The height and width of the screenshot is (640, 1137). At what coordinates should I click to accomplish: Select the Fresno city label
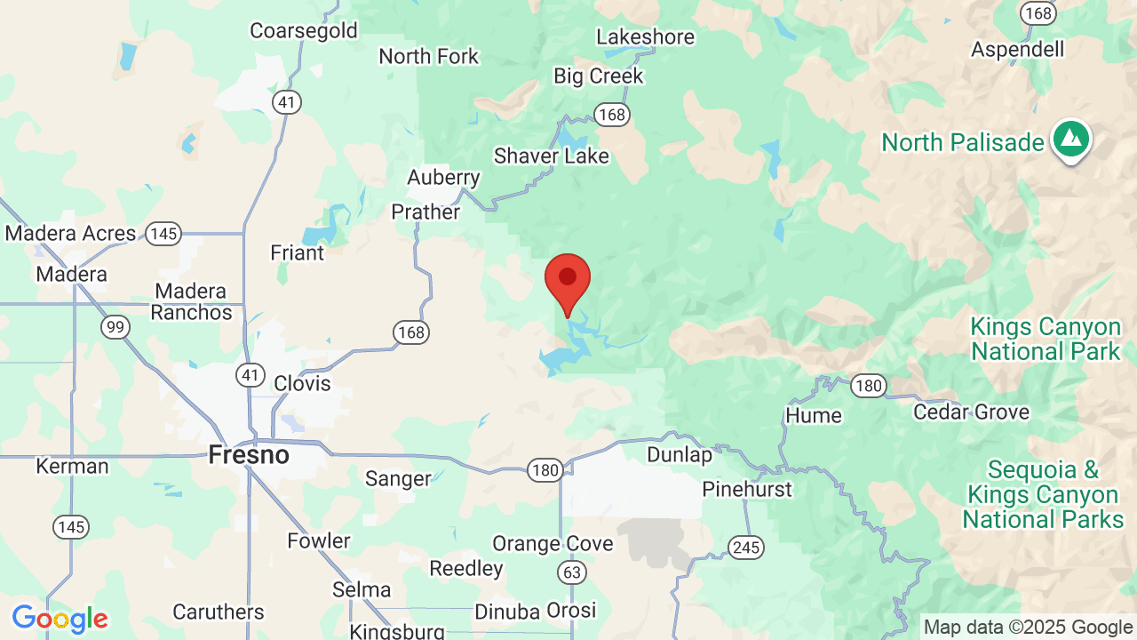click(249, 455)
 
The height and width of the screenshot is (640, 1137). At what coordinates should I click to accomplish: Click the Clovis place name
click(302, 384)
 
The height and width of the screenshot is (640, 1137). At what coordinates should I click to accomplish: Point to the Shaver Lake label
click(552, 156)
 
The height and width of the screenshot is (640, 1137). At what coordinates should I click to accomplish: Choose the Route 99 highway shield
click(115, 327)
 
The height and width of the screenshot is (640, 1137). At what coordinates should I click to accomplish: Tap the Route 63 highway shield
click(573, 572)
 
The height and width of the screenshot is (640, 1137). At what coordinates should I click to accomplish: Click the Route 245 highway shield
click(746, 548)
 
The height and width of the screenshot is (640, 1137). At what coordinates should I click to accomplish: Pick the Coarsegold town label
click(304, 31)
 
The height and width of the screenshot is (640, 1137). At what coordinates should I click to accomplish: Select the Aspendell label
click(1018, 50)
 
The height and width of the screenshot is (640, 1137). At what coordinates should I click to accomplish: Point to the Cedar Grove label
click(971, 412)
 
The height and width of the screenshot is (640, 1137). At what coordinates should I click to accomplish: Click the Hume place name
click(814, 416)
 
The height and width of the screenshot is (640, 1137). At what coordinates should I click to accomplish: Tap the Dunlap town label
click(680, 455)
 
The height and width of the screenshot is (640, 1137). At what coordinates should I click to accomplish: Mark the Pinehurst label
click(747, 490)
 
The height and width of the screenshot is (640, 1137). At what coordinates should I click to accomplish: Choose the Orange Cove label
click(553, 543)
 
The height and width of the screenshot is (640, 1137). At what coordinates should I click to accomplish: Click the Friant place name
click(298, 253)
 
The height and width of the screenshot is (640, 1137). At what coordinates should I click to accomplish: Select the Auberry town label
click(443, 178)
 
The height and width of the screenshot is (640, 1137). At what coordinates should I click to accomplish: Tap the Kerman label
click(72, 467)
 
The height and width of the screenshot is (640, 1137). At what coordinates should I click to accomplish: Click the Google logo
click(60, 619)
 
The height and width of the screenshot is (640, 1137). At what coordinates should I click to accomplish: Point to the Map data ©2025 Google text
click(1028, 628)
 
